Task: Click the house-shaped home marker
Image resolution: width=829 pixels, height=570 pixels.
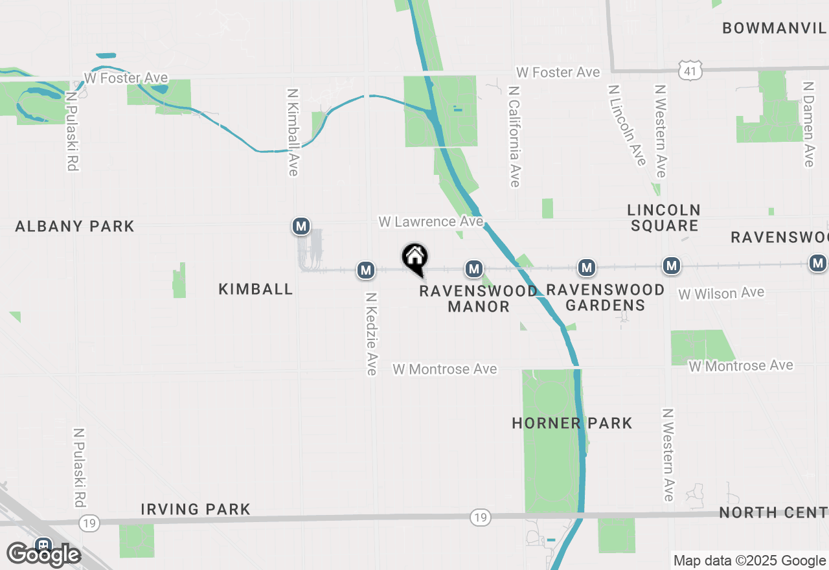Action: (x=414, y=258)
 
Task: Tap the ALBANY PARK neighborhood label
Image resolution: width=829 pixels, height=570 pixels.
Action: (x=74, y=226)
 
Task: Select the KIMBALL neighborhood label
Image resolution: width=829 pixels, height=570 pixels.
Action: (x=256, y=289)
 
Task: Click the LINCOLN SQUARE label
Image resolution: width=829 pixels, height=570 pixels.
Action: (x=664, y=218)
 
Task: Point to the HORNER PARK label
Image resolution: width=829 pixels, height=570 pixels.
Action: (x=572, y=423)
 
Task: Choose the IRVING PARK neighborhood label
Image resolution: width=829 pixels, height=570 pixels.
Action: (x=196, y=509)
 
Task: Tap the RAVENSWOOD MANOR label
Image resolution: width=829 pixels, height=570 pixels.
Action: (x=479, y=298)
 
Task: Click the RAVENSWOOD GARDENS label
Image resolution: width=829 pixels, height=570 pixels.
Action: (x=606, y=297)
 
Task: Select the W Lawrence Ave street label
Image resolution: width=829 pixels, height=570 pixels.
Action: (x=431, y=222)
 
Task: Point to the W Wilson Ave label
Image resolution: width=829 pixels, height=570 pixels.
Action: (x=721, y=293)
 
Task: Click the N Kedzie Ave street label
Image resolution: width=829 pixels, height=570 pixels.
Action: (x=371, y=334)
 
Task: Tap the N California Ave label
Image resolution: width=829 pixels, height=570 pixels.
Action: (x=515, y=137)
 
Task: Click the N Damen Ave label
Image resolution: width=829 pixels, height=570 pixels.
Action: (x=808, y=124)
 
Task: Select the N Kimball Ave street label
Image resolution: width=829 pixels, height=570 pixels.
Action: (x=293, y=131)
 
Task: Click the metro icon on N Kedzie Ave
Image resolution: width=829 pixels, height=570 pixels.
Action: (x=366, y=270)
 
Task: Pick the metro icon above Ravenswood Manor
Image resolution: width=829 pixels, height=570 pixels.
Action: (x=474, y=268)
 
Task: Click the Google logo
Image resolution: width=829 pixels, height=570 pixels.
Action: (x=43, y=554)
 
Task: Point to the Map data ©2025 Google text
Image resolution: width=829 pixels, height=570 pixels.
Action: (x=749, y=561)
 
